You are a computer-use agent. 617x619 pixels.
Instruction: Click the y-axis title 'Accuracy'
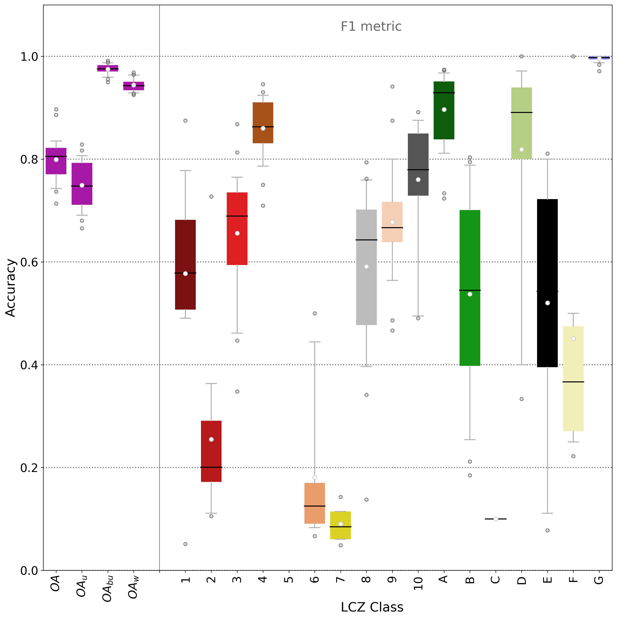click(x=11, y=288)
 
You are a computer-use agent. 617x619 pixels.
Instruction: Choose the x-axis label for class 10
click(x=418, y=583)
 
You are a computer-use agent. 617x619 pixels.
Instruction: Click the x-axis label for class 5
click(x=289, y=580)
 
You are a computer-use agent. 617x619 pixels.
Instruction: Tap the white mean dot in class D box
click(x=522, y=150)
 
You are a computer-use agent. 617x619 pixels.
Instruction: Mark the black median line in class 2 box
click(x=211, y=467)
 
